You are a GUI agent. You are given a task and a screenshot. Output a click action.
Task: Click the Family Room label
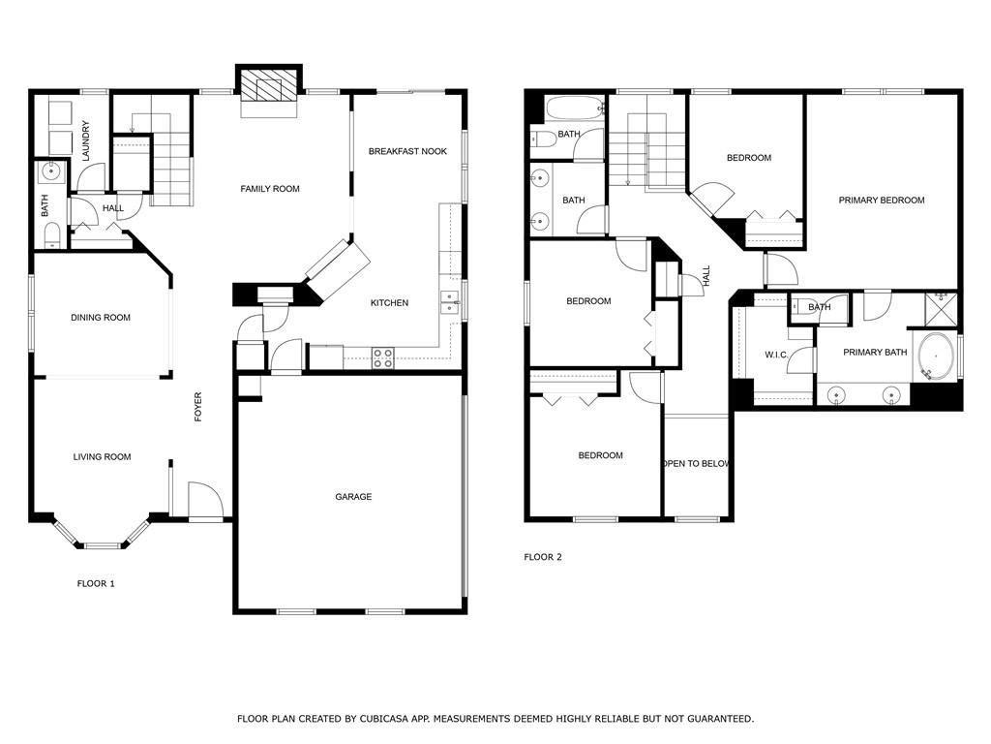(270, 189)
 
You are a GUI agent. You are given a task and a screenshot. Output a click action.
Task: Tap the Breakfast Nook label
(407, 151)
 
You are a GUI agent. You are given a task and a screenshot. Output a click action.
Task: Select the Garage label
(353, 497)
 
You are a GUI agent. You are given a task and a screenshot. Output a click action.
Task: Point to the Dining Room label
(101, 318)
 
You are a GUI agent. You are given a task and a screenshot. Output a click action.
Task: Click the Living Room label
(102, 457)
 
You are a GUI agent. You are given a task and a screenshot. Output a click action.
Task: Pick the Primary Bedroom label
(882, 200)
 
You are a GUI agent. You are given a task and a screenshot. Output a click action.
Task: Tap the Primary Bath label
(875, 352)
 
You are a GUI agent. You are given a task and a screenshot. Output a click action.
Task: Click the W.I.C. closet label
(777, 355)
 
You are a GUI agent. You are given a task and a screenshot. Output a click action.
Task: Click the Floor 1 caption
(96, 583)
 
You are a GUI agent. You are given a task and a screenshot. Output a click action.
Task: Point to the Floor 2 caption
(543, 557)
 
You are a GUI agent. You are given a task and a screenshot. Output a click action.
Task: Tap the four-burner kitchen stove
(383, 358)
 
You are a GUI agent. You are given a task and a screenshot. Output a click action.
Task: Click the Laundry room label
(86, 140)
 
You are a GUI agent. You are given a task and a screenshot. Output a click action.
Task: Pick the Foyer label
(197, 407)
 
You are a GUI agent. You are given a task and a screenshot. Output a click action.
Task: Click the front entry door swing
(206, 501)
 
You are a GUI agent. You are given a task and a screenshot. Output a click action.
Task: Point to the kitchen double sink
(450, 302)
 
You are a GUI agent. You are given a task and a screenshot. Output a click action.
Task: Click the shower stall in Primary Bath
(942, 309)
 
